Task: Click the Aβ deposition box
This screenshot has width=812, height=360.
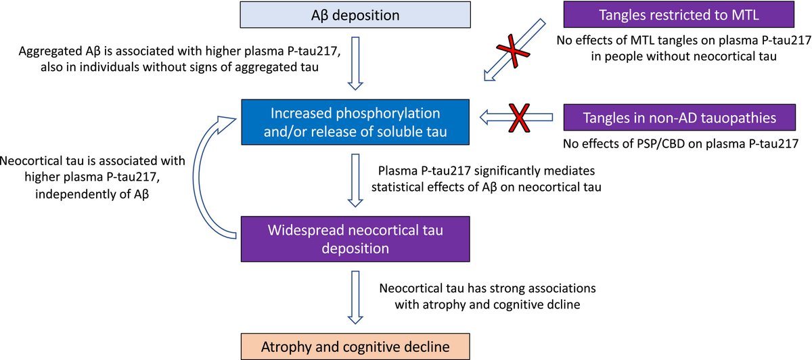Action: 355,15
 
